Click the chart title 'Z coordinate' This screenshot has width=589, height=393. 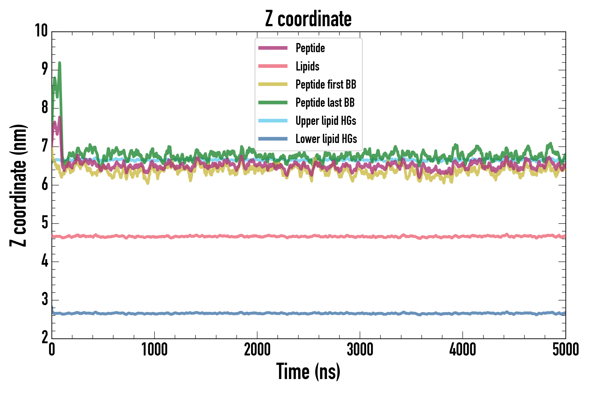[308, 19]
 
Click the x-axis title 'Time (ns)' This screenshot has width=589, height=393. [308, 371]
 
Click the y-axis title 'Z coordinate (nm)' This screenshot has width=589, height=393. [18, 185]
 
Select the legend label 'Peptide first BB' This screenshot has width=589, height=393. [325, 84]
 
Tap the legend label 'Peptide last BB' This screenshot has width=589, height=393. [325, 103]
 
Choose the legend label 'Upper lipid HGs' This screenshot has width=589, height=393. [325, 121]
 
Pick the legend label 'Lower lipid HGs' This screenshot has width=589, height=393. [326, 139]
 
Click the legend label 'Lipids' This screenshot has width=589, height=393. [307, 66]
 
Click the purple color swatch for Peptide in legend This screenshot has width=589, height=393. [273, 48]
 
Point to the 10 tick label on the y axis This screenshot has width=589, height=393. [41, 31]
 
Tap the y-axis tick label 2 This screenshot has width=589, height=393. [45, 337]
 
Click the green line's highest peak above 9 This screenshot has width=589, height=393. [60, 63]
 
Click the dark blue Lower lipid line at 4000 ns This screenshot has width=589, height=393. [462, 314]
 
